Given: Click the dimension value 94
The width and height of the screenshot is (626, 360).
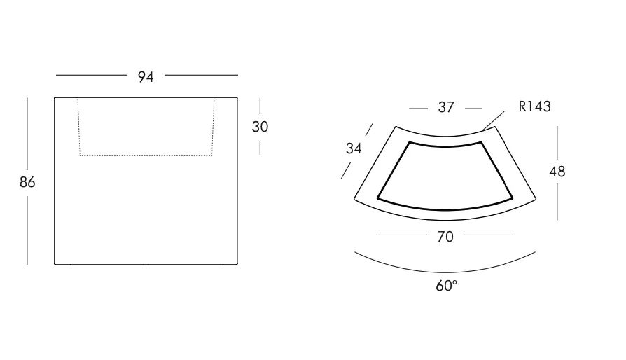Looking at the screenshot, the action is (x=146, y=76).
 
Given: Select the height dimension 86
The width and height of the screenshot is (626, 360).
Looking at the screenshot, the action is (x=27, y=182).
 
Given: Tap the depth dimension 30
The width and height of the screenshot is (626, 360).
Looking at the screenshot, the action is (x=260, y=127).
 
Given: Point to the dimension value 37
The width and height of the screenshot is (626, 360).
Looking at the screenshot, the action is (x=446, y=107).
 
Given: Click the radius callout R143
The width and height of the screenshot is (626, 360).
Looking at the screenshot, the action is (x=534, y=106).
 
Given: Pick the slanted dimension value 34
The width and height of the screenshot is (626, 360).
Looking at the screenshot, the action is (x=354, y=148).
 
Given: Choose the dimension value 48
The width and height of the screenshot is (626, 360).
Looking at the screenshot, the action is (x=557, y=172).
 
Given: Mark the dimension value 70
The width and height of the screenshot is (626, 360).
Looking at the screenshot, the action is (x=445, y=237).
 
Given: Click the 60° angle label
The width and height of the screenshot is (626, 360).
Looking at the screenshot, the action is (x=446, y=286).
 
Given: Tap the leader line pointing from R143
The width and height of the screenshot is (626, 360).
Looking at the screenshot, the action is (x=493, y=120).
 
